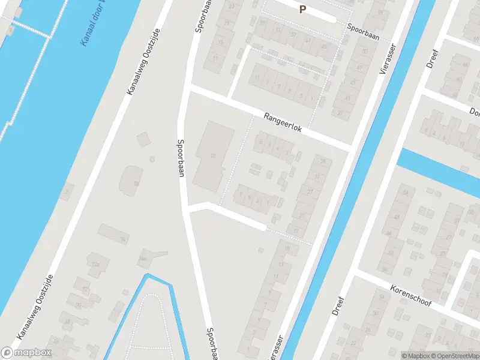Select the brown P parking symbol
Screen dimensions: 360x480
(303, 9)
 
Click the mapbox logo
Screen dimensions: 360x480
(26, 352)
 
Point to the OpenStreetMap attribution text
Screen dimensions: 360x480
(453, 356)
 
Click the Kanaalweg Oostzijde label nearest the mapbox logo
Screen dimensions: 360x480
(33, 307)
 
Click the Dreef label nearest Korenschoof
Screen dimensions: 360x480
(339, 305)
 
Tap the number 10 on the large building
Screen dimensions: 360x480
(213, 156)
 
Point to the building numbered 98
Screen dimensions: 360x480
(137, 183)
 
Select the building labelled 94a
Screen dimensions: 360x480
(143, 258)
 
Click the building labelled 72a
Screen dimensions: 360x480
(94, 264)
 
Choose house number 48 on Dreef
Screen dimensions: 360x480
(396, 217)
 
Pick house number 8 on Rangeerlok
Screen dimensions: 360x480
(261, 142)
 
